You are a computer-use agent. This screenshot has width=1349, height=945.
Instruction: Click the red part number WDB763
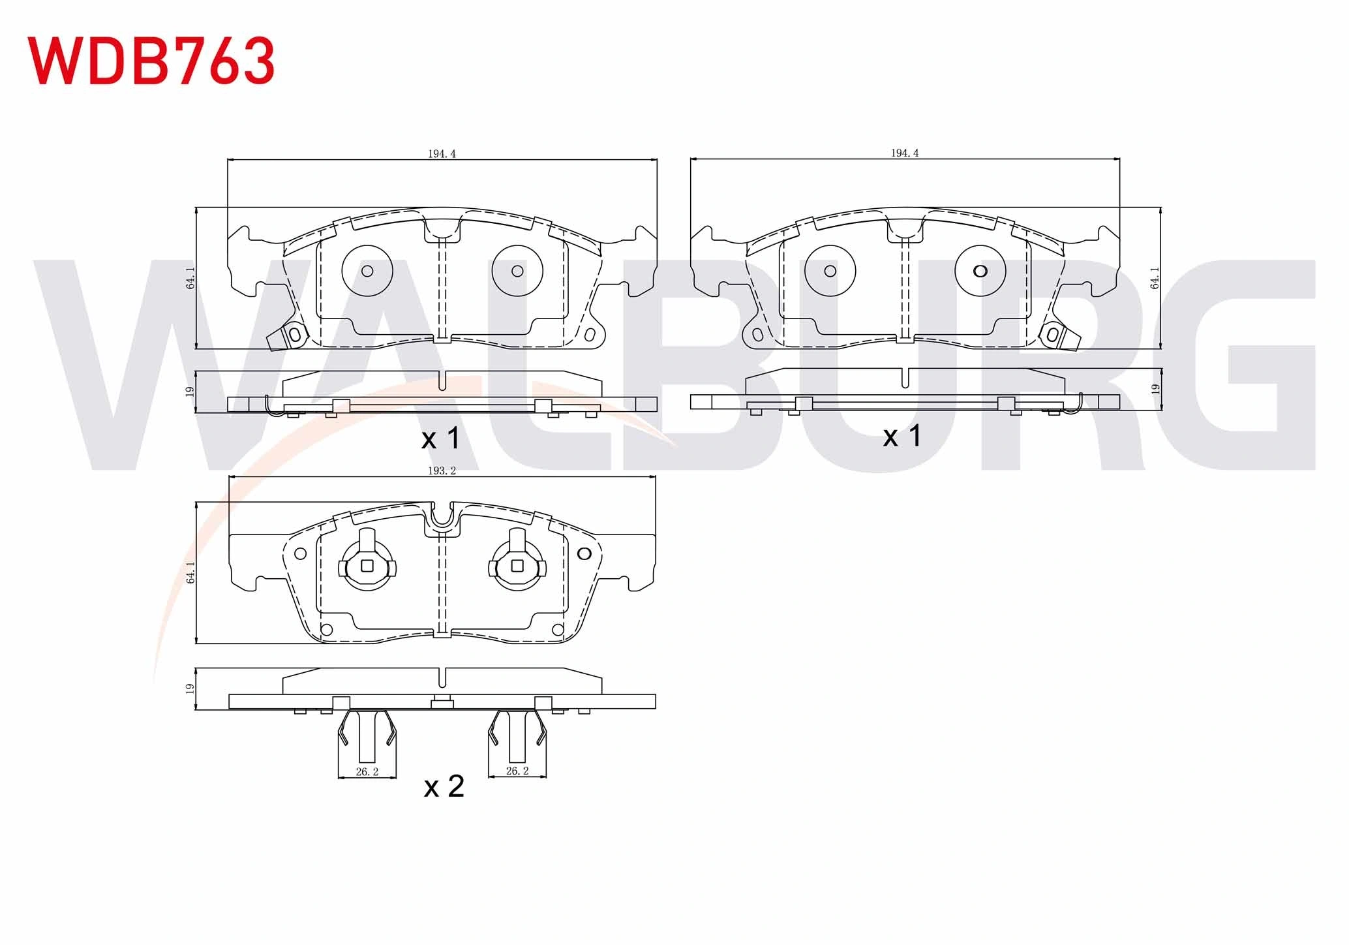(151, 61)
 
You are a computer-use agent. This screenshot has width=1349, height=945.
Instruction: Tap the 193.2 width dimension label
(442, 471)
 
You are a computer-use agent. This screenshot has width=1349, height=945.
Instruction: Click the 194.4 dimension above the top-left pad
(442, 154)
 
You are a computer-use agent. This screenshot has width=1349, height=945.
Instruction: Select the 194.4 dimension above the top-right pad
(905, 153)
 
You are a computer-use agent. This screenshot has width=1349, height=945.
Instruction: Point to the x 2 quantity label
(444, 786)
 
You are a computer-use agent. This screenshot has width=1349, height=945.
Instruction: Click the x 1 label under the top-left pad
(441, 438)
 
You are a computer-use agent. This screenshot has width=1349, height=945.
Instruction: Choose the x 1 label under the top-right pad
(903, 435)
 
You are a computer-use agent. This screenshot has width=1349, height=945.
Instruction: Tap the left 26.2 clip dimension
(367, 771)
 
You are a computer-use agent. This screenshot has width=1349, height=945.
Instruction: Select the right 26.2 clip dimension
(517, 771)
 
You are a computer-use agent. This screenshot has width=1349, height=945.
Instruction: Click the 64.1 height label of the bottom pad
(190, 572)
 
